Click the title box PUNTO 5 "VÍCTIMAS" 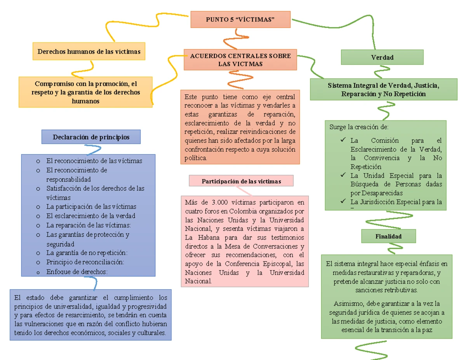(240, 19)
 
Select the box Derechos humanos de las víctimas (89, 51)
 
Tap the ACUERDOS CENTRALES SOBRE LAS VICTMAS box (240, 60)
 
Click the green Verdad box (382, 57)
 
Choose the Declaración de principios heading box (91, 137)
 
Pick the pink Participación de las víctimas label (241, 181)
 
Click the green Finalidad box (388, 236)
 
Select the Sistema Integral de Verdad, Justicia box (384, 89)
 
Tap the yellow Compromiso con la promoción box (86, 92)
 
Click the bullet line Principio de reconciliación (85, 262)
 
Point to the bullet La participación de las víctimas (91, 207)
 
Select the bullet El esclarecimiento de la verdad (90, 216)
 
